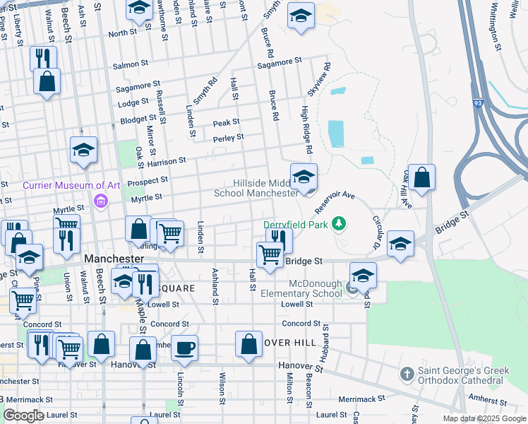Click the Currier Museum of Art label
pyautogui.click(x=71, y=186)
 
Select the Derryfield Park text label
pyautogui.click(x=296, y=224)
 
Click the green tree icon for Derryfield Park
pyautogui.click(x=340, y=224)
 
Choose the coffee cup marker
pyautogui.click(x=185, y=348)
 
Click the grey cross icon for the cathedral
pyautogui.click(x=406, y=372)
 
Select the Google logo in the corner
pyautogui.click(x=24, y=416)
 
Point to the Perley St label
pyautogui.click(x=229, y=137)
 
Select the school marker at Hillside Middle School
pyautogui.click(x=304, y=177)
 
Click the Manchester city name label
pyautogui.click(x=114, y=259)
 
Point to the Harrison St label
pyautogui.click(x=166, y=162)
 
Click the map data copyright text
pyautogui.click(x=484, y=418)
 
